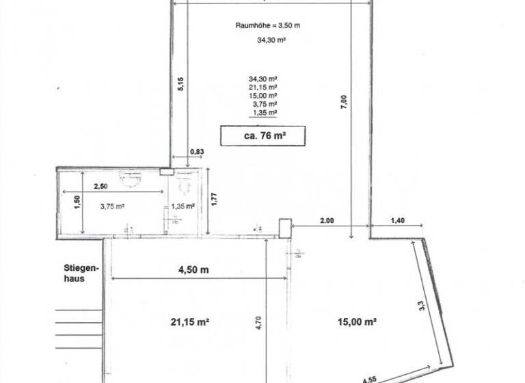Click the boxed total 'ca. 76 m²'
(262, 135)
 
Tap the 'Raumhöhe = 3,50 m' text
(268, 25)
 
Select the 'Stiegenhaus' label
(81, 274)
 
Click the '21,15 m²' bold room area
(190, 321)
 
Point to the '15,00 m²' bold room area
(357, 321)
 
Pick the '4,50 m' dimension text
(193, 269)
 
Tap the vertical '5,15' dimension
(180, 84)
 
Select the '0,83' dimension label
(197, 151)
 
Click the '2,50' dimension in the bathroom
(100, 186)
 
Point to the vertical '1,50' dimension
(77, 202)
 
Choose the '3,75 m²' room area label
(113, 207)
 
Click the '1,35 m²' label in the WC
(183, 206)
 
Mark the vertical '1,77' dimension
(215, 199)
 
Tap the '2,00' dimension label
(327, 220)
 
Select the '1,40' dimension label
(397, 220)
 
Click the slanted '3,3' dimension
(422, 305)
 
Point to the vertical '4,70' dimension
(258, 323)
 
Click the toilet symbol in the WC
(184, 184)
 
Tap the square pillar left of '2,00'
(285, 228)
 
